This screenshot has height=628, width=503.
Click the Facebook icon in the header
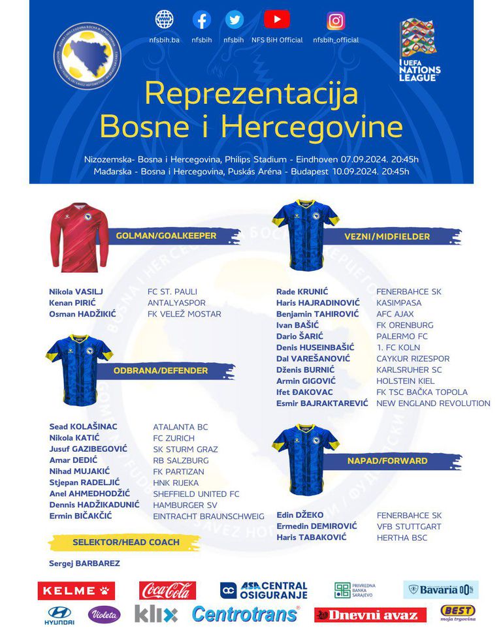tap(202, 20)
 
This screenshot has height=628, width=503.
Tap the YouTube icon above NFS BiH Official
tap(277, 20)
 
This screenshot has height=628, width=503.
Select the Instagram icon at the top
tap(336, 21)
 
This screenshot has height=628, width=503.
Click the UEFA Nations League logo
tap(419, 50)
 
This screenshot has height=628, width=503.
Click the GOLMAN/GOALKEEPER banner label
tap(166, 236)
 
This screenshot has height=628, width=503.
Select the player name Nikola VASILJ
tap(76, 292)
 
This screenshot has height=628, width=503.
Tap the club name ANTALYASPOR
tap(176, 303)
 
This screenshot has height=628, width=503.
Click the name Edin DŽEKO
tap(300, 515)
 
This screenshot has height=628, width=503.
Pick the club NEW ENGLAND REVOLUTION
tap(433, 403)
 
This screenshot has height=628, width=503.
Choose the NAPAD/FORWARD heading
tap(387, 461)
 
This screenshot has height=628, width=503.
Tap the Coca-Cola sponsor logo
tap(167, 590)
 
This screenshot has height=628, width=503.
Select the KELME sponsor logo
tap(76, 591)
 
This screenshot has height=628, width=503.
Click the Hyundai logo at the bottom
tap(61, 614)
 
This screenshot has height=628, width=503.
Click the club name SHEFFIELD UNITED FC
tap(196, 494)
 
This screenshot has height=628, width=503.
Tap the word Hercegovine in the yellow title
tap(312, 126)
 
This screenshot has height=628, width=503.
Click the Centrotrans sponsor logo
tap(246, 614)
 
